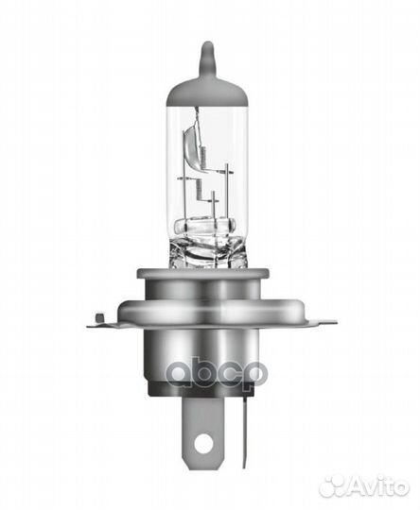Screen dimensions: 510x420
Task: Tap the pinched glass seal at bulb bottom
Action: pyautogui.click(x=211, y=247)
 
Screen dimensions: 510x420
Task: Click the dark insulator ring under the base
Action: pyautogui.click(x=210, y=401)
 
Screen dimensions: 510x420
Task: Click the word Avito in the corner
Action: pyautogui.click(x=377, y=485)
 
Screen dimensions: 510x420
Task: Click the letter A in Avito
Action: pyautogui.click(x=355, y=485)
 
